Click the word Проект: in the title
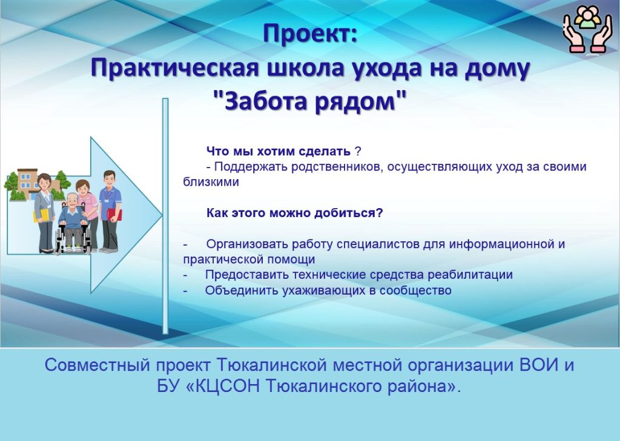point(310,34)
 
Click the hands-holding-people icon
point(587,29)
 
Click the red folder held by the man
point(114,215)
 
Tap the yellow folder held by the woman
point(42,215)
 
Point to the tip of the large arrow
point(162,215)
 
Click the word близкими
point(211,182)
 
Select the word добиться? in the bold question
point(348,214)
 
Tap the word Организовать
point(248,244)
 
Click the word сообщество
point(415,290)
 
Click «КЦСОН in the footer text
point(223,386)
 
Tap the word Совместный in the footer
point(97,365)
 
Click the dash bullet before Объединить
point(185,291)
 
